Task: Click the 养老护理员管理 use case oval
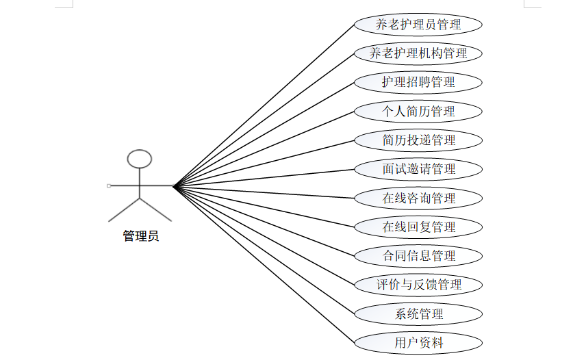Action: (418, 25)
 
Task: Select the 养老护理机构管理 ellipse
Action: (418, 53)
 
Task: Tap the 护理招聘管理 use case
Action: (418, 82)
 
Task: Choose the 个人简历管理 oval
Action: (418, 111)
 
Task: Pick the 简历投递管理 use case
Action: (418, 140)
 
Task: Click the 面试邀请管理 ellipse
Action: (418, 169)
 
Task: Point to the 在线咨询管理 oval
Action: (418, 198)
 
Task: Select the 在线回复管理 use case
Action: (418, 227)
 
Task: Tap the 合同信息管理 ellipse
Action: (418, 256)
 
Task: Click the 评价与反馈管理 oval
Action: (418, 285)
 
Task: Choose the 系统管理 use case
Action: (418, 314)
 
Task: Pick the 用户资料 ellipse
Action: (418, 343)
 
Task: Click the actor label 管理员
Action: (140, 237)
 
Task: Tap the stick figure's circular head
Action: (140, 159)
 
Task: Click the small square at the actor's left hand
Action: (109, 185)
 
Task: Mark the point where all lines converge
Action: (174, 185)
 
